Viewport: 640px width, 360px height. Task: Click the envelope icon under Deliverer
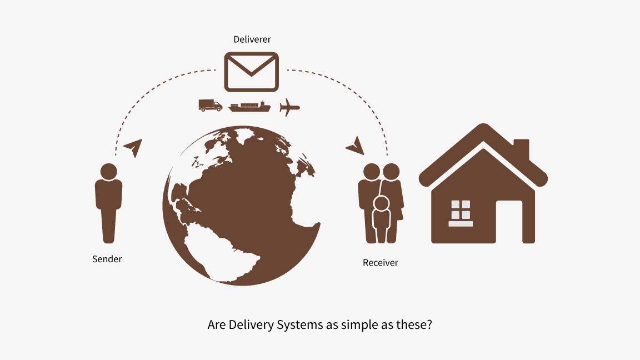click(x=251, y=72)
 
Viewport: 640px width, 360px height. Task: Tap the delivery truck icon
click(x=210, y=106)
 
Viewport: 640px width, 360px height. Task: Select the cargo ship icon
click(x=249, y=106)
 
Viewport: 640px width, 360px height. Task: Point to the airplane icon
click(x=289, y=106)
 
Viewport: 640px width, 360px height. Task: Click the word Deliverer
click(x=252, y=39)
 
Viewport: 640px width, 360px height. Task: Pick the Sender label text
click(x=107, y=259)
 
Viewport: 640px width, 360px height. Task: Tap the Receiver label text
click(x=380, y=263)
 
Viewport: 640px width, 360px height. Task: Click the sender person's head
click(x=108, y=171)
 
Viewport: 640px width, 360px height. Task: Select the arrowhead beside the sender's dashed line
click(x=133, y=147)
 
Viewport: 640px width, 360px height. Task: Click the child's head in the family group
click(x=381, y=204)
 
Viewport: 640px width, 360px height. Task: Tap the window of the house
click(x=461, y=211)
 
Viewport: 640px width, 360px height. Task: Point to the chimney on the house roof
click(x=521, y=149)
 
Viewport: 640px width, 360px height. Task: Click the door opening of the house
click(x=509, y=221)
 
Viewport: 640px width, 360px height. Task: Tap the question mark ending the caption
click(x=428, y=325)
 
